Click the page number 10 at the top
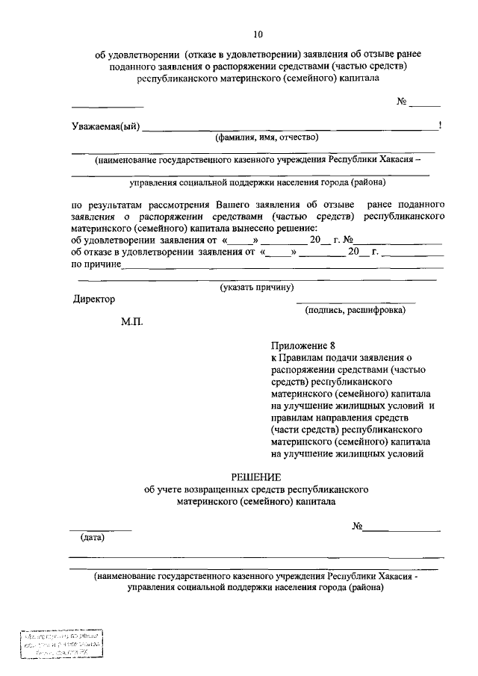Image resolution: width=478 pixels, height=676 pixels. point(258,34)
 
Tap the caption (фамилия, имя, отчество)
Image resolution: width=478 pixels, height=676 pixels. point(267,137)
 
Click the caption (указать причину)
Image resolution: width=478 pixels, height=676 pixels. point(256,288)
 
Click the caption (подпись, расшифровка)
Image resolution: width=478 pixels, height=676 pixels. point(355,310)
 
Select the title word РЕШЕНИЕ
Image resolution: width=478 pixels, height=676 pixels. point(256,477)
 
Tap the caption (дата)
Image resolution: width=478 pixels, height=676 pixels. point(93,537)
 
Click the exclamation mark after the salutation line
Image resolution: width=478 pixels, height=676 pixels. point(441,125)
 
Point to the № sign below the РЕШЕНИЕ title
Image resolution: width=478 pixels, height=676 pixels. point(357,527)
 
